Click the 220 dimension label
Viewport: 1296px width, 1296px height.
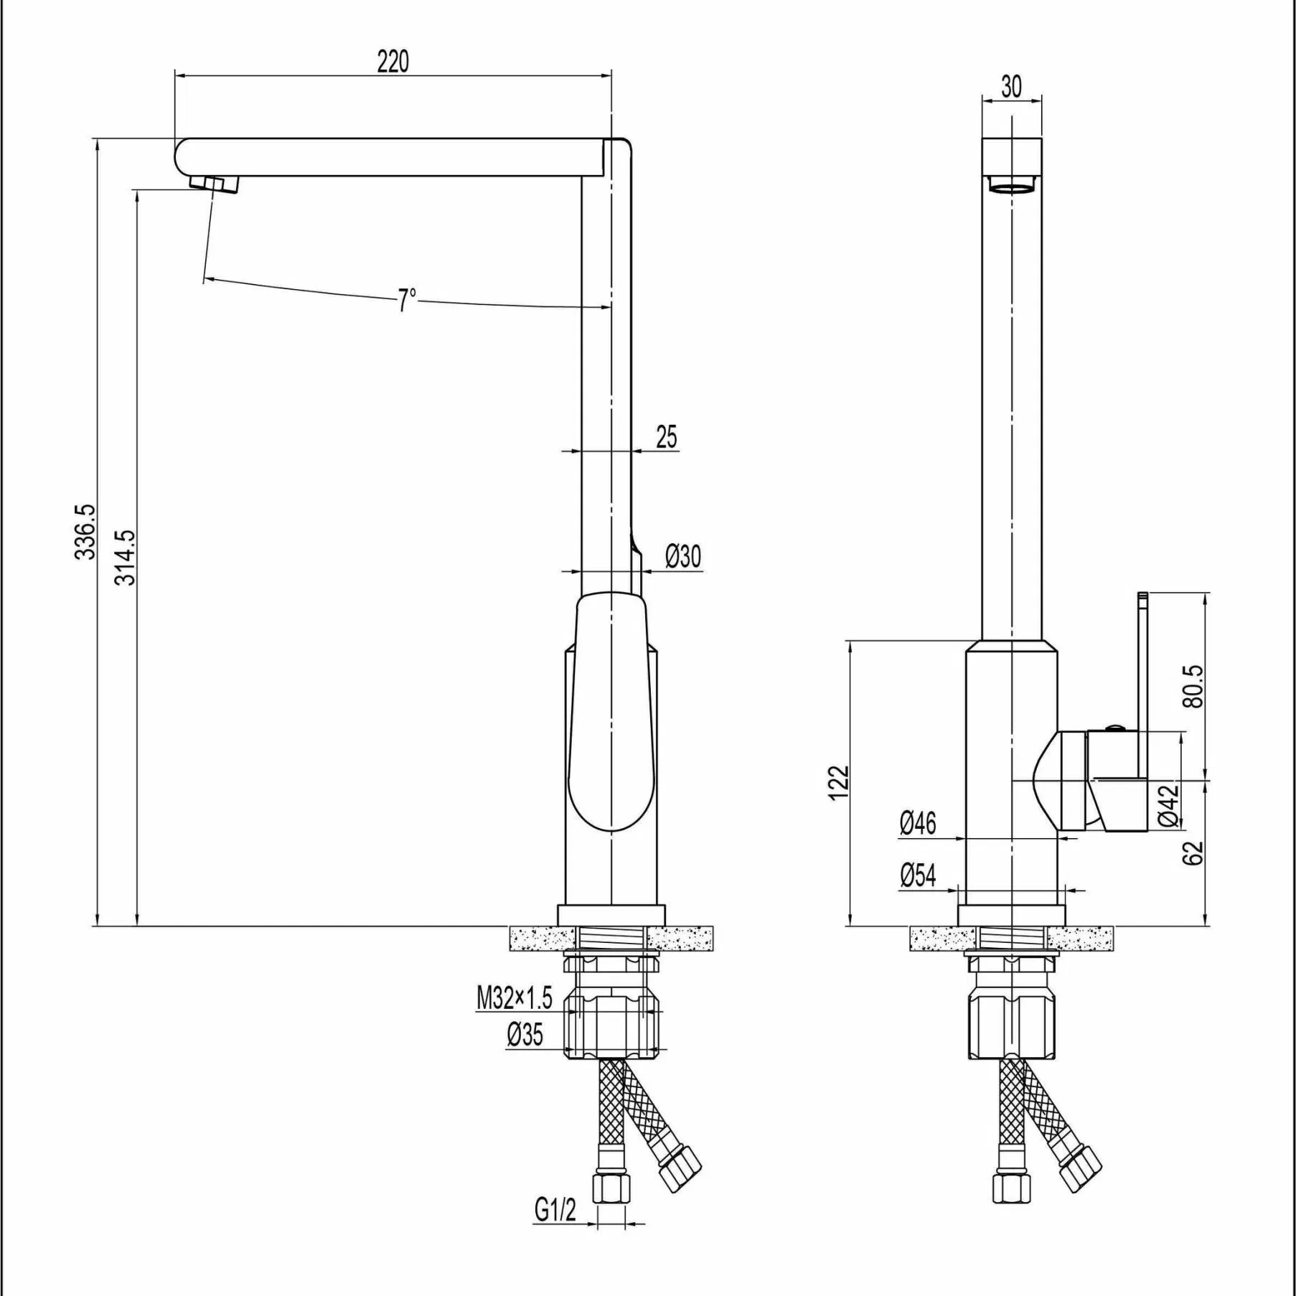[x=393, y=62]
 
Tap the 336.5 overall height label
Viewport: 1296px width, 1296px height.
[x=85, y=531]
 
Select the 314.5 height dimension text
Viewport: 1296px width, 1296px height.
[x=125, y=558]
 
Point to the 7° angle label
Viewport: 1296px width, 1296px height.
[x=407, y=299]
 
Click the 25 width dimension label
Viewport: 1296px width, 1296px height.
[x=666, y=436]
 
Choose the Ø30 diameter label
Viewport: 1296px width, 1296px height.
[x=682, y=556]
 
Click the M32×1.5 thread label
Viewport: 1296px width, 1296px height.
[x=515, y=997]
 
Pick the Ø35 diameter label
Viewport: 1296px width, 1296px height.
[x=525, y=1034]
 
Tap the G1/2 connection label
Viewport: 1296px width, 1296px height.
[x=555, y=1210]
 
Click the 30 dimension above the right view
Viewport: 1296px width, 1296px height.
[x=1011, y=87]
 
